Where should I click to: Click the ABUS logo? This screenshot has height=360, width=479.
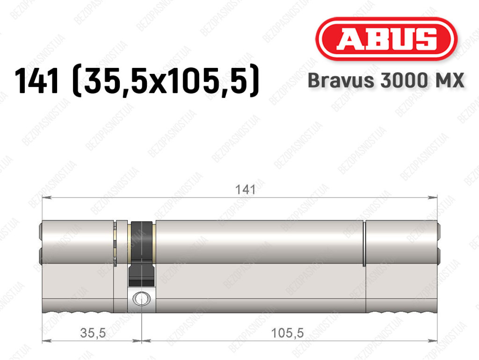[x=386, y=39]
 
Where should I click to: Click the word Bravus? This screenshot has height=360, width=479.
[x=341, y=81]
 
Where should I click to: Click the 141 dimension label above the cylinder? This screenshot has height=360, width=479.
[x=245, y=190]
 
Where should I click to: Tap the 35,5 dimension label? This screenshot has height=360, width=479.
[x=93, y=333]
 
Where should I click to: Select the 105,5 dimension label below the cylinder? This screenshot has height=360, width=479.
[x=288, y=333]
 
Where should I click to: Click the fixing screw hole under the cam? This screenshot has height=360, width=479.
[x=141, y=299]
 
